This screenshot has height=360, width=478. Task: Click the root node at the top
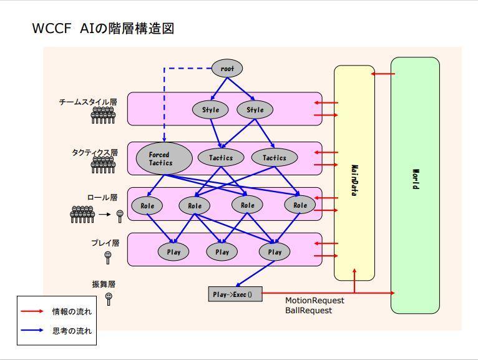pyautogui.click(x=227, y=68)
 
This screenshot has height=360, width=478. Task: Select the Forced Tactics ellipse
pyautogui.click(x=160, y=158)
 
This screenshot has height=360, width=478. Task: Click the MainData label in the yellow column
pyautogui.click(x=354, y=180)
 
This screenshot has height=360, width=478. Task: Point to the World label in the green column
pyautogui.click(x=415, y=180)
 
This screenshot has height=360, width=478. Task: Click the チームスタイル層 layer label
pyautogui.click(x=88, y=102)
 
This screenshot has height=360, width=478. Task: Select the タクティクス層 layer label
pyautogui.click(x=95, y=152)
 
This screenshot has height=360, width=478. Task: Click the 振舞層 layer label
pyautogui.click(x=104, y=284)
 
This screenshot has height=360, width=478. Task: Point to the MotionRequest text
pyautogui.click(x=315, y=300)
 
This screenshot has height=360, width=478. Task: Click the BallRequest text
pyautogui.click(x=309, y=310)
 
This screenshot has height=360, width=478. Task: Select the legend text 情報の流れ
pyautogui.click(x=72, y=311)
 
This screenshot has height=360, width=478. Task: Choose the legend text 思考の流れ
pyautogui.click(x=72, y=331)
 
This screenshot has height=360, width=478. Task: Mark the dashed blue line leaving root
pyautogui.click(x=164, y=100)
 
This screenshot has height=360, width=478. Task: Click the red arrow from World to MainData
pyautogui.click(x=383, y=74)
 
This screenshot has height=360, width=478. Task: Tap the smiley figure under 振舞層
pyautogui.click(x=109, y=298)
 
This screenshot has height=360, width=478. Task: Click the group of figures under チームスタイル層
pyautogui.click(x=103, y=115)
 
